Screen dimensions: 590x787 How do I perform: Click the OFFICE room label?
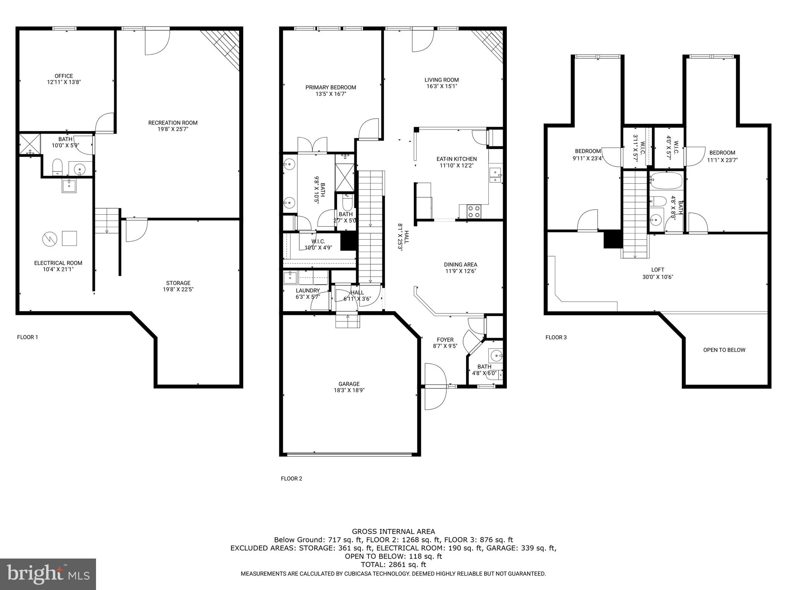pyautogui.click(x=64, y=76)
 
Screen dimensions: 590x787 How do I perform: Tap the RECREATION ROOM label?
pyautogui.click(x=173, y=123)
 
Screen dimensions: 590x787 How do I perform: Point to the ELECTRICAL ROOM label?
pyautogui.click(x=58, y=263)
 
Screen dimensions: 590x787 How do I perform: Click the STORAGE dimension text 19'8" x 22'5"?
pyautogui.click(x=178, y=289)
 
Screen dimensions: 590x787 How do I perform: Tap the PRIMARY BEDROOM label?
pyautogui.click(x=330, y=88)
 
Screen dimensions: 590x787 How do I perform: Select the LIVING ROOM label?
pyautogui.click(x=442, y=80)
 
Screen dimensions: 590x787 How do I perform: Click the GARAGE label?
pyautogui.click(x=349, y=384)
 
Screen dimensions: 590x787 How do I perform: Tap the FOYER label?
pyautogui.click(x=445, y=340)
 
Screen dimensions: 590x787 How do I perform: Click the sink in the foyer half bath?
pyautogui.click(x=495, y=355)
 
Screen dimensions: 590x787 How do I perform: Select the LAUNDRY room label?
pyautogui.click(x=307, y=290)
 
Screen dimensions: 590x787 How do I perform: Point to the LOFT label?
pyautogui.click(x=657, y=270)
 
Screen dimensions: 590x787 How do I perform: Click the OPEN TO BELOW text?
pyautogui.click(x=724, y=350)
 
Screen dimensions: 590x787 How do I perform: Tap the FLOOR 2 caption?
pyautogui.click(x=291, y=479)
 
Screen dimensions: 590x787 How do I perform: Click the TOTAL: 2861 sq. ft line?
pyautogui.click(x=393, y=565)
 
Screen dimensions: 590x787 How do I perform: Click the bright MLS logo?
pyautogui.click(x=48, y=574)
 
